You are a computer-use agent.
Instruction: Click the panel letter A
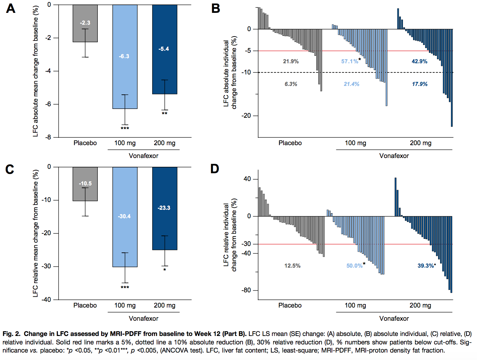click(x=11, y=8)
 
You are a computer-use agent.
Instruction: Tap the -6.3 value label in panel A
click(x=124, y=56)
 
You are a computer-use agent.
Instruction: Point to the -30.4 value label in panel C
click(x=124, y=216)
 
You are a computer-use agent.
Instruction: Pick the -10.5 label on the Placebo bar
click(x=85, y=183)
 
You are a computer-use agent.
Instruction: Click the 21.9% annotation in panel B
click(x=291, y=61)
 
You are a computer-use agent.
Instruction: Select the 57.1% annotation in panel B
click(x=349, y=61)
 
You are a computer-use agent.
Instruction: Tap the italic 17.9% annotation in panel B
click(x=419, y=84)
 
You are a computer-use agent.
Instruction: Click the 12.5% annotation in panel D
click(x=292, y=266)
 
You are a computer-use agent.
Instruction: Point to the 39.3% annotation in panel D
click(x=426, y=266)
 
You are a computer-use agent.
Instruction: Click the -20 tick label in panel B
click(x=246, y=116)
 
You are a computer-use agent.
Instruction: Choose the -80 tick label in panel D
click(x=246, y=290)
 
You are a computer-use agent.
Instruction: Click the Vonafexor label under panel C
click(x=143, y=318)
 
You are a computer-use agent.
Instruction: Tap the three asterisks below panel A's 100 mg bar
click(x=125, y=129)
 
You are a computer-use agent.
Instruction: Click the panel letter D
click(x=214, y=169)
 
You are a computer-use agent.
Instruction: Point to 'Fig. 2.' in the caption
click(x=12, y=334)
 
